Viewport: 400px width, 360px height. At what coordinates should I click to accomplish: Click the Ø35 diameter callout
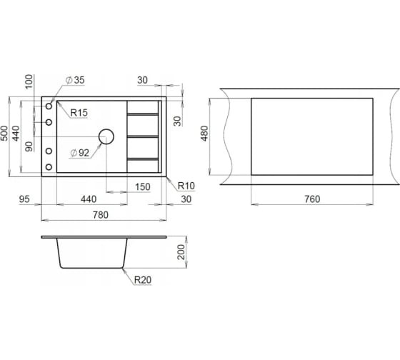75,80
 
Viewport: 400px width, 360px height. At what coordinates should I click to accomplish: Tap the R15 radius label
79,113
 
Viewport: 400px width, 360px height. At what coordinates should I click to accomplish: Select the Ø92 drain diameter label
79,153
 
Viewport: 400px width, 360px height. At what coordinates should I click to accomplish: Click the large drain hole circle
106,136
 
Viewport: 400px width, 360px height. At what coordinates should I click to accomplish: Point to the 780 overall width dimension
101,215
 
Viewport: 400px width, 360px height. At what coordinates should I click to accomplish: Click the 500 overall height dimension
4,133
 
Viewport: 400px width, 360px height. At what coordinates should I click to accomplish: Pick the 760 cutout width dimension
312,199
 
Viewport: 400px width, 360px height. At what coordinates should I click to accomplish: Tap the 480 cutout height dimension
204,133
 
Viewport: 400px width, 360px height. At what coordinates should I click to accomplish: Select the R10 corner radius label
186,186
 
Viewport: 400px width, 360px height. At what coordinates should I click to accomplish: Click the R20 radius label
143,280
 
